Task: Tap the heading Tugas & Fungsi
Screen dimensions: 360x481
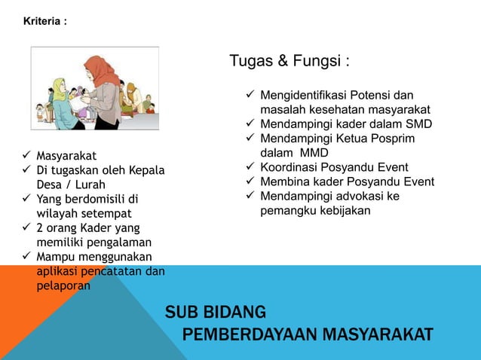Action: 290,60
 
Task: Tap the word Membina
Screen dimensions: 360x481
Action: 283,182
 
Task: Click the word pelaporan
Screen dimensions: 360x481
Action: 63,285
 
